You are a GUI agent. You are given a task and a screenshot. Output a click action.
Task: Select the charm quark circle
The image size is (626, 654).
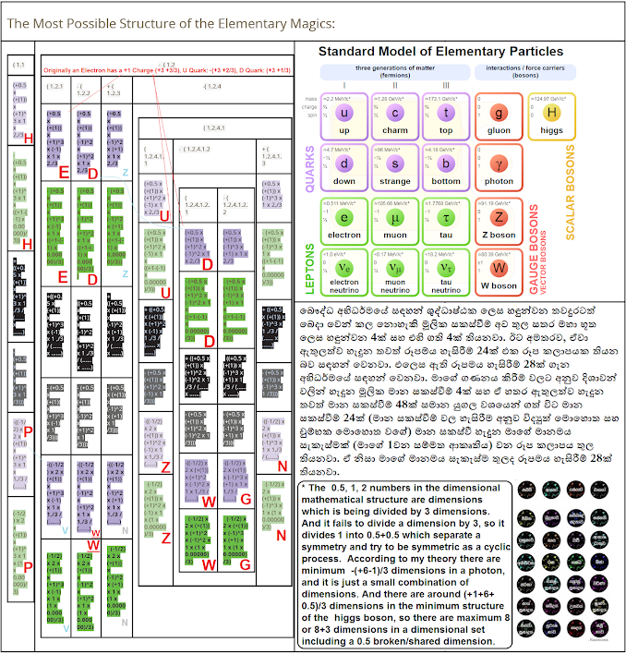click(x=394, y=114)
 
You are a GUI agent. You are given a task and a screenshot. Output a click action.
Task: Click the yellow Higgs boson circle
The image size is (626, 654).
click(x=553, y=114)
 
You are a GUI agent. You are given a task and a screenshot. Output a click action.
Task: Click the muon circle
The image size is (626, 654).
click(x=394, y=219)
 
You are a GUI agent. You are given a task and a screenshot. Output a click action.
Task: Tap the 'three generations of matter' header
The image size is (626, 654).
click(x=394, y=73)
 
